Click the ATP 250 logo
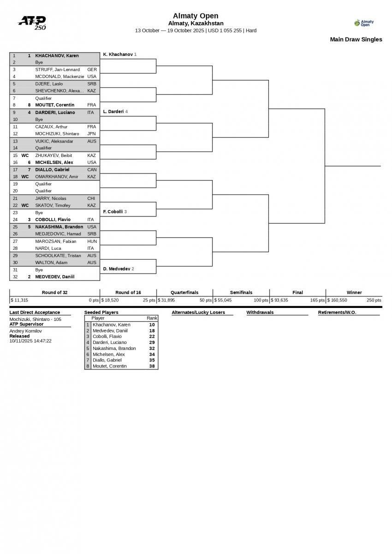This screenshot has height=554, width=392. tap(32, 22)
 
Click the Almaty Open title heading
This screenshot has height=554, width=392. tap(196, 16)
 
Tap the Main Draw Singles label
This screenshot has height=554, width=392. tap(356, 39)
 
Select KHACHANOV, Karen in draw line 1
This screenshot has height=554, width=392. tap(57, 55)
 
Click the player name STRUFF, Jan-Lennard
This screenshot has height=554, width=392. tap(57, 70)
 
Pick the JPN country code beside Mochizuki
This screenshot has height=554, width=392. tap(91, 134)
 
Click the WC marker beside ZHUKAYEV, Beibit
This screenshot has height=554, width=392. tap(25, 156)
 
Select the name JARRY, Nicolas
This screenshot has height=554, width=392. tap(50, 199)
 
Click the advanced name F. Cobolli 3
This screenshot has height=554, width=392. tap(114, 212)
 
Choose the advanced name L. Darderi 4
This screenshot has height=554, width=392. tap(115, 112)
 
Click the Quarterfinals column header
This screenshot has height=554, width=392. tap(184, 292)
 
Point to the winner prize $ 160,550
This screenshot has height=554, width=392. tap(337, 300)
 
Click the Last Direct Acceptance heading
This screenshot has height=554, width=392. tap(35, 313)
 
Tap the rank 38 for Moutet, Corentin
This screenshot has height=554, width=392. tap(152, 366)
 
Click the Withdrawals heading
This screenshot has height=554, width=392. tap(260, 313)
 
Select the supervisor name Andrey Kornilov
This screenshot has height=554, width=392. tap(25, 331)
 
